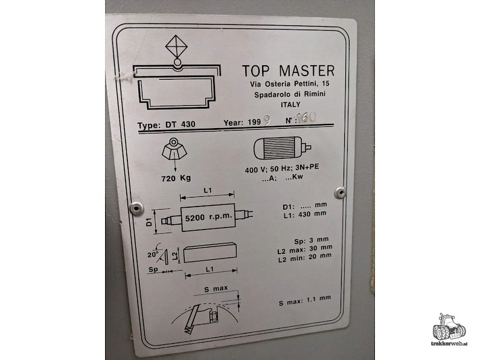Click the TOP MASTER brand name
click(x=287, y=70)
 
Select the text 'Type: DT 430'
click(x=166, y=125)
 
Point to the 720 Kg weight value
click(x=176, y=178)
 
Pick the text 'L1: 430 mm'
click(x=304, y=213)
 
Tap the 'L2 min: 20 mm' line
click(x=304, y=256)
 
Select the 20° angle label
click(x=152, y=254)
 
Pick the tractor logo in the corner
click(x=449, y=330)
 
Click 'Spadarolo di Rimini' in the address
click(x=290, y=94)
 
